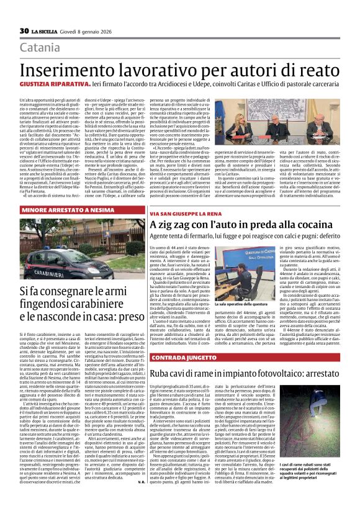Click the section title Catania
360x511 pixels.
(40, 47)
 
